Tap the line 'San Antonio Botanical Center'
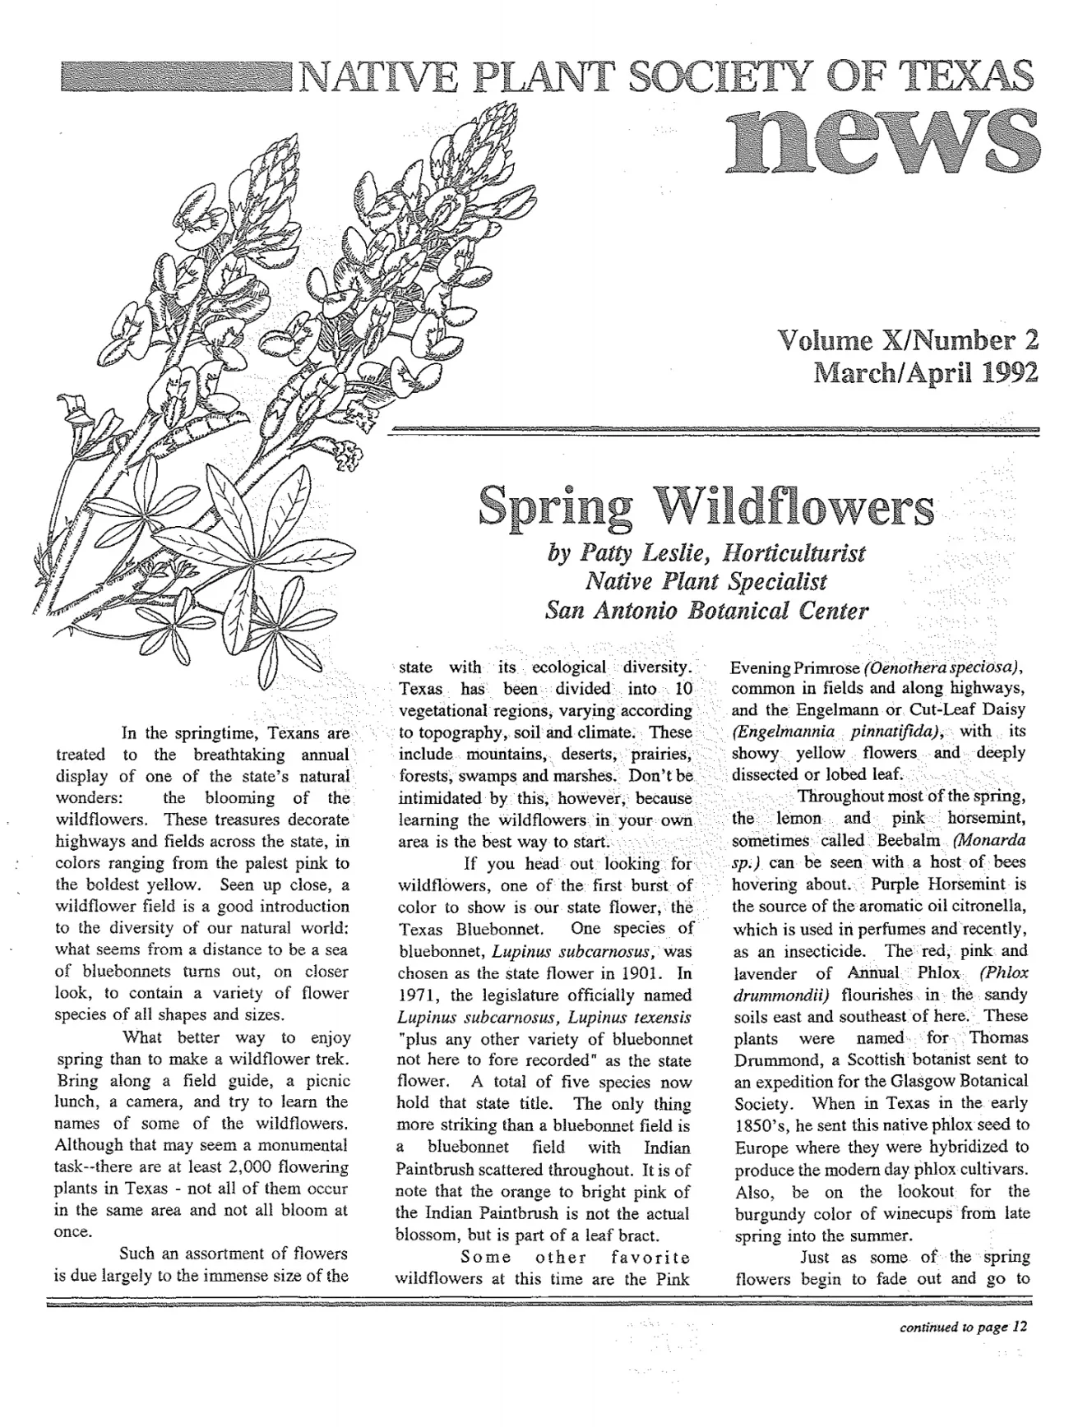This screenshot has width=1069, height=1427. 706,611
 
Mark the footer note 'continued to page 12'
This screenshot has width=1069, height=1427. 963,1326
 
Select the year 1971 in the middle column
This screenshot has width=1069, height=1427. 416,995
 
